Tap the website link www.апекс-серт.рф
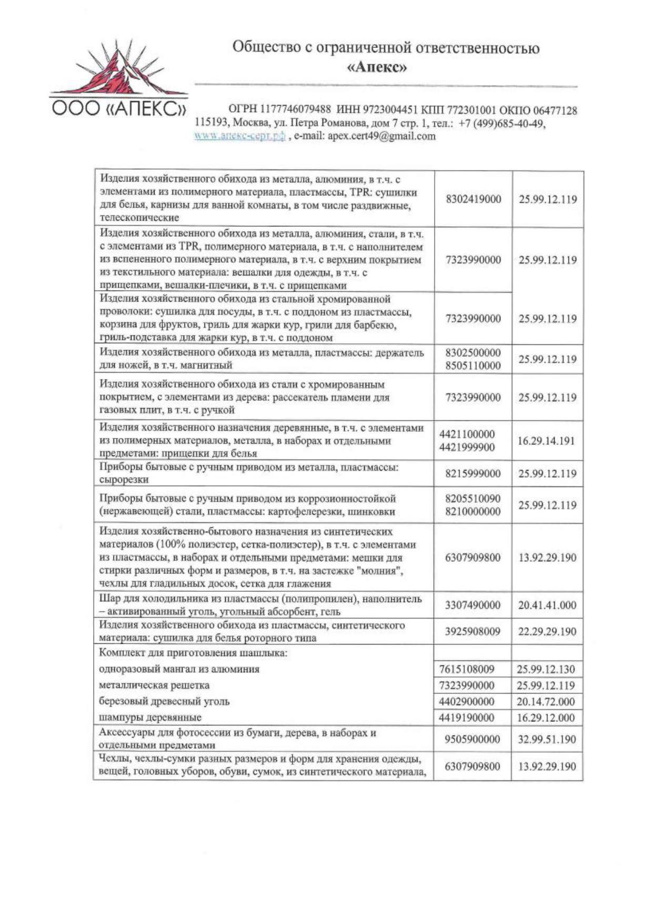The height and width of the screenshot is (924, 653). (x=239, y=136)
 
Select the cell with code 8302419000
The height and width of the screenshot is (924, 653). (x=473, y=200)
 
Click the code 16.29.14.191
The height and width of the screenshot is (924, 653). (x=547, y=441)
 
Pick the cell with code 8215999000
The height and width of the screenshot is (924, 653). (x=473, y=473)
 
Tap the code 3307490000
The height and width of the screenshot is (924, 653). (x=473, y=605)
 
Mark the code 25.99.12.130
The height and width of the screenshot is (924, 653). (x=546, y=670)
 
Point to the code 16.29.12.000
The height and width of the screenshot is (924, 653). (x=546, y=718)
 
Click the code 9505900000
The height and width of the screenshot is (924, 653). (x=472, y=739)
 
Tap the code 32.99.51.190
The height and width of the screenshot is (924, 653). (x=547, y=739)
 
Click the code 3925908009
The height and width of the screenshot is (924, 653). (x=473, y=631)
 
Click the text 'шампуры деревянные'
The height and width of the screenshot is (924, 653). (x=150, y=718)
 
